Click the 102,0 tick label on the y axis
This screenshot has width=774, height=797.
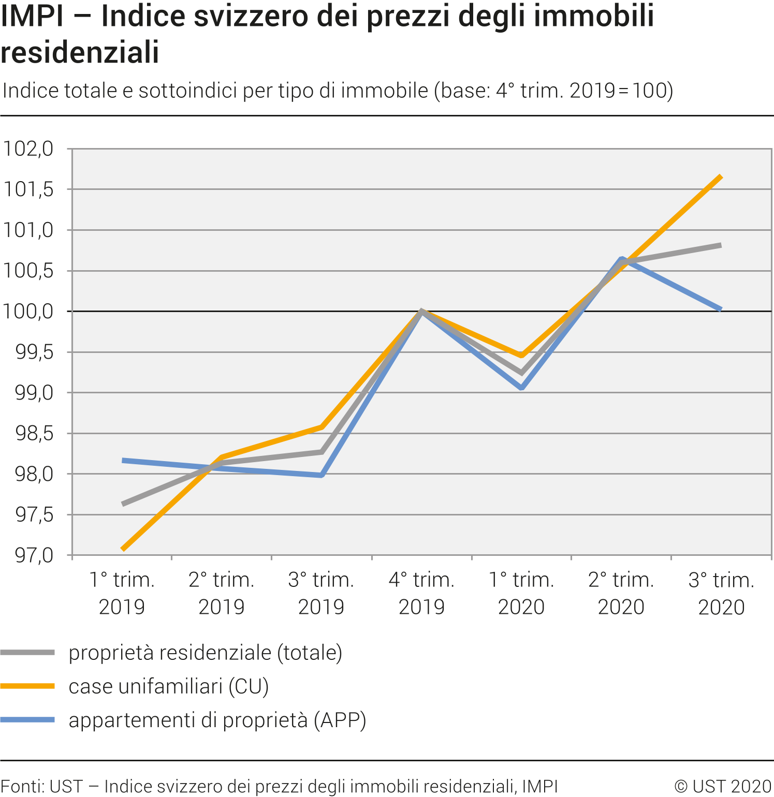click(28, 149)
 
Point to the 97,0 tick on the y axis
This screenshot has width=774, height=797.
click(34, 555)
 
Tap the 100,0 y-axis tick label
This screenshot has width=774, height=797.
click(28, 312)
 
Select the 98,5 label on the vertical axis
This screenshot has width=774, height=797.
click(34, 434)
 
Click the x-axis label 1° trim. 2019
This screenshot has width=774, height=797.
click(122, 593)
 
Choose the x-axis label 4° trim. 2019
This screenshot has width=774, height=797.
click(421, 593)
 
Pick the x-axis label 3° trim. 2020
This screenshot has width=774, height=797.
click(721, 593)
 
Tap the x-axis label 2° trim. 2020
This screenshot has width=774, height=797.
click(621, 593)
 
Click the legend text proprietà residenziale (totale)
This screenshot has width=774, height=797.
click(205, 653)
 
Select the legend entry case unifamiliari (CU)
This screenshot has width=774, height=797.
click(168, 686)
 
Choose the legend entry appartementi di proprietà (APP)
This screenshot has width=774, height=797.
click(217, 720)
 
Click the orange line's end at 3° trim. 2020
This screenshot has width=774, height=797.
click(721, 178)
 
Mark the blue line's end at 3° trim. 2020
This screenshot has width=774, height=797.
click(721, 309)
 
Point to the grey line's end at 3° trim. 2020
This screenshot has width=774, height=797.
click(721, 245)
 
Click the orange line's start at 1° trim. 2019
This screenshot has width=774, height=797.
click(123, 549)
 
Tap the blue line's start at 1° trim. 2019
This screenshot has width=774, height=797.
click(123, 460)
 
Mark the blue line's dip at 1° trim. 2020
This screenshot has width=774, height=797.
click(522, 387)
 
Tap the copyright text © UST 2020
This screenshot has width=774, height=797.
click(723, 786)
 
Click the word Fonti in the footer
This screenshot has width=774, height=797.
click(22, 786)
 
